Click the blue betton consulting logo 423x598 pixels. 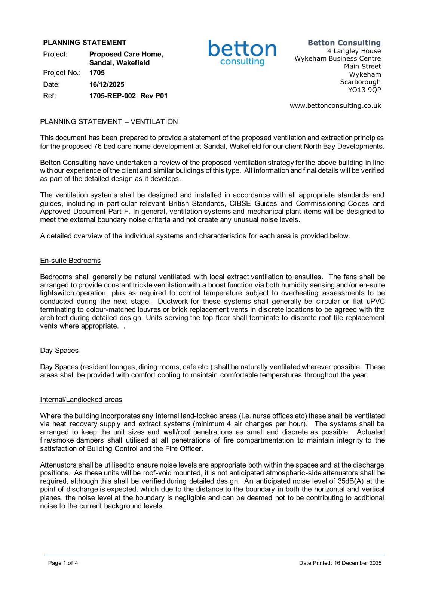coord(242,52)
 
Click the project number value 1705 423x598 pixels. coord(97,73)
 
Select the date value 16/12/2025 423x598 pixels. coord(107,84)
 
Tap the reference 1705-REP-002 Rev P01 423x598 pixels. coord(128,96)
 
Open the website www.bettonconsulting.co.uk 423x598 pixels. coord(335,105)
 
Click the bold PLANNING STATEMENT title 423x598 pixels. coord(85,43)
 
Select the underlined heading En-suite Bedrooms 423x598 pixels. coord(70,261)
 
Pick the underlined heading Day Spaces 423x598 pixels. coord(59,351)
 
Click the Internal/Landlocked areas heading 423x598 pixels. coord(81,400)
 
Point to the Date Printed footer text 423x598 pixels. coord(340,563)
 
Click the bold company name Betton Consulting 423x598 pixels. coord(344,43)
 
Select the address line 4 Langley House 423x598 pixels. coord(354,51)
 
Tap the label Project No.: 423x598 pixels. coord(62,73)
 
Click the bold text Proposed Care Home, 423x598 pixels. coord(126,54)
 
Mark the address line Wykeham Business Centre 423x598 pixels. coord(337,58)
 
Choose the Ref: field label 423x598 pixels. coord(49,96)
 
